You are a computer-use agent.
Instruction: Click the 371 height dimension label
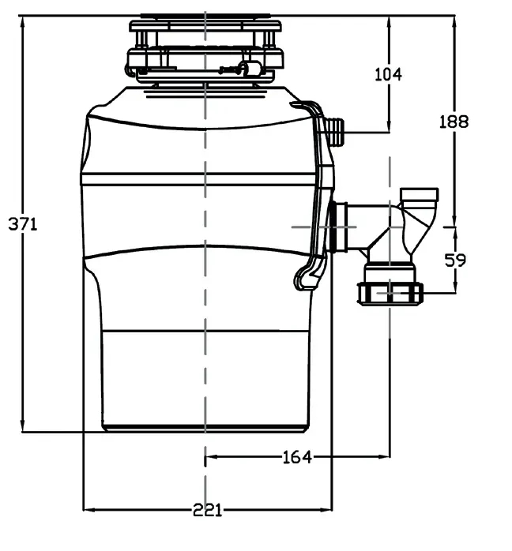[x=23, y=223]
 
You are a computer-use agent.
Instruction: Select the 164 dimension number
[x=297, y=456]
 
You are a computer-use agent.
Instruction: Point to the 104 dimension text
[x=387, y=74]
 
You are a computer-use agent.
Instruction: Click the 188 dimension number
[x=454, y=121]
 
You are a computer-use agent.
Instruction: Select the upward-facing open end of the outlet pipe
[x=419, y=193]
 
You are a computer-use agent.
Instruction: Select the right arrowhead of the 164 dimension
[x=386, y=456]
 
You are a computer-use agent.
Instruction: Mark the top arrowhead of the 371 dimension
[x=23, y=17]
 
